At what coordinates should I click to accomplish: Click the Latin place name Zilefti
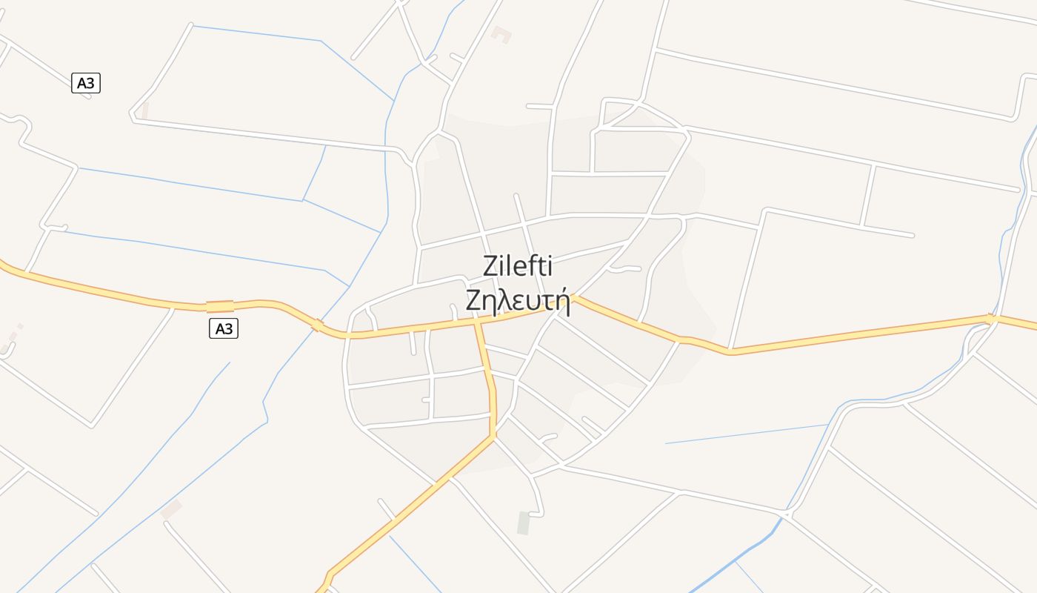point(518,265)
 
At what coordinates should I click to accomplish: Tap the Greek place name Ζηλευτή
point(518,301)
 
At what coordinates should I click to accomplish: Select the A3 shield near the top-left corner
point(86,83)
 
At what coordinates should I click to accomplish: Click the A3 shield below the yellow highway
point(223,328)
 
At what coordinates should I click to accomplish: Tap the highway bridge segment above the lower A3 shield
point(220,306)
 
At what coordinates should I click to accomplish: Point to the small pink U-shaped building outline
point(501,34)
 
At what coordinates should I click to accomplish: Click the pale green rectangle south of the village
point(524,523)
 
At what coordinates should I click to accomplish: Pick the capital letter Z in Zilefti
point(490,265)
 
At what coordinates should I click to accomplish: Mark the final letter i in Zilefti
point(549,265)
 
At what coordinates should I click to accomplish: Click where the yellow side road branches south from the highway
point(478,322)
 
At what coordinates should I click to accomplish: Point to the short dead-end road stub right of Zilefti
point(627,268)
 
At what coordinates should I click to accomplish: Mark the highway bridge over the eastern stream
point(991,319)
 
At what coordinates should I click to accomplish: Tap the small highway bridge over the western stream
point(317,325)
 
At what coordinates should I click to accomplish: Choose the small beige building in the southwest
point(171,508)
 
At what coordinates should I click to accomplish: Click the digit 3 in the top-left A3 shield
point(90,83)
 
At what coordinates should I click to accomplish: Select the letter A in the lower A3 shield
point(219,328)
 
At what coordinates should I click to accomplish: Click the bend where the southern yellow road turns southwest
point(492,437)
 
